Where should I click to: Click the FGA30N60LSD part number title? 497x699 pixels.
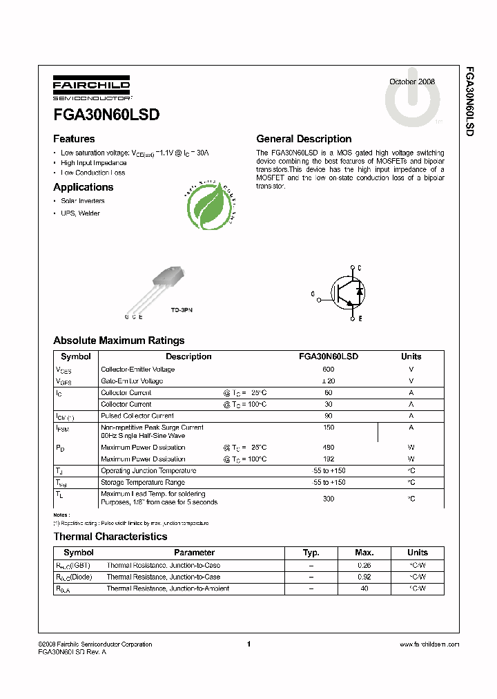106,115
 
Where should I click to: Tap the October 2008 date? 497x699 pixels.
412,82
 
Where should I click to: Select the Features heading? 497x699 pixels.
74,139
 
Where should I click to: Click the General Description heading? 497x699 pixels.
304,139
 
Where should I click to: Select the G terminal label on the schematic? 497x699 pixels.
313,294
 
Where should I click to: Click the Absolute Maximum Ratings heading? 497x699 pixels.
119,341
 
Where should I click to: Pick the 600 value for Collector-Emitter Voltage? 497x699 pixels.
329,370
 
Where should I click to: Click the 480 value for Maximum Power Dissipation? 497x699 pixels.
329,448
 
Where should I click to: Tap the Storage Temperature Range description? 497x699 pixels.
143,482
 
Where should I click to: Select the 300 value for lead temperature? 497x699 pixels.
329,498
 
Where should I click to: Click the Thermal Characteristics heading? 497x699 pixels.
110,537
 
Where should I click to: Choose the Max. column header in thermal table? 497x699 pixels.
364,553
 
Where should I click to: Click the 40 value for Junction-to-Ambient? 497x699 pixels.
364,588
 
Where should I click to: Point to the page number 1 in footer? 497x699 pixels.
248,644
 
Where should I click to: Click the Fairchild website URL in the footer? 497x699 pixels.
429,644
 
